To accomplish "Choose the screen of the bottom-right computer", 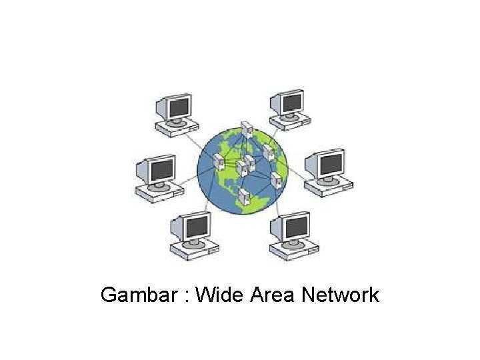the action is coord(294,227).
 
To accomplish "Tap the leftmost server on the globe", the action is coord(217,161).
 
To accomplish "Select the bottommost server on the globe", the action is coord(244,196).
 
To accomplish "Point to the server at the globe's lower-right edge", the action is coord(275,179).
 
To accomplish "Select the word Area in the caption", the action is coord(273,294).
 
